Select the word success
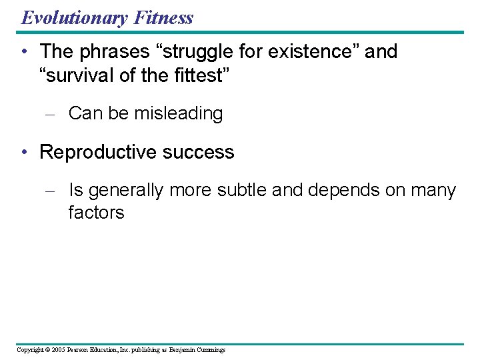(200, 152)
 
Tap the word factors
(96, 213)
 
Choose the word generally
(126, 191)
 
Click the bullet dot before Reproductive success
(24, 152)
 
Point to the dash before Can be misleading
(49, 114)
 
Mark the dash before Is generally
(49, 191)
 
